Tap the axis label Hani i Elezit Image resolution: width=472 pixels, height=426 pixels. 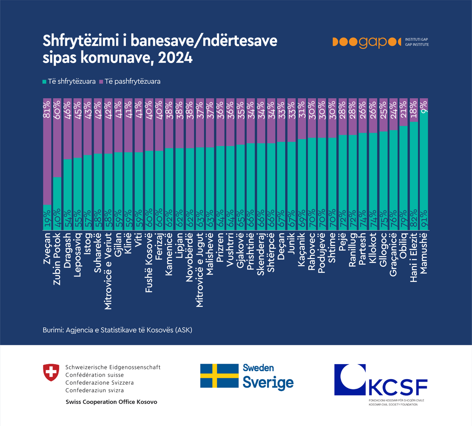(x=413, y=257)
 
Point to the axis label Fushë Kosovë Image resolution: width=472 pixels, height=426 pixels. (x=149, y=262)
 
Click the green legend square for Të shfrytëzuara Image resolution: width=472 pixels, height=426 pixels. (x=45, y=82)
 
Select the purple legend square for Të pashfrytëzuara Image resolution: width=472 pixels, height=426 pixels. (x=101, y=82)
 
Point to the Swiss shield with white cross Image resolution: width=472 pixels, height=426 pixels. (x=51, y=372)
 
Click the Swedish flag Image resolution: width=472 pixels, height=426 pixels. (x=219, y=376)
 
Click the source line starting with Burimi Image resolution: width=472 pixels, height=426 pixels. (x=117, y=330)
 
